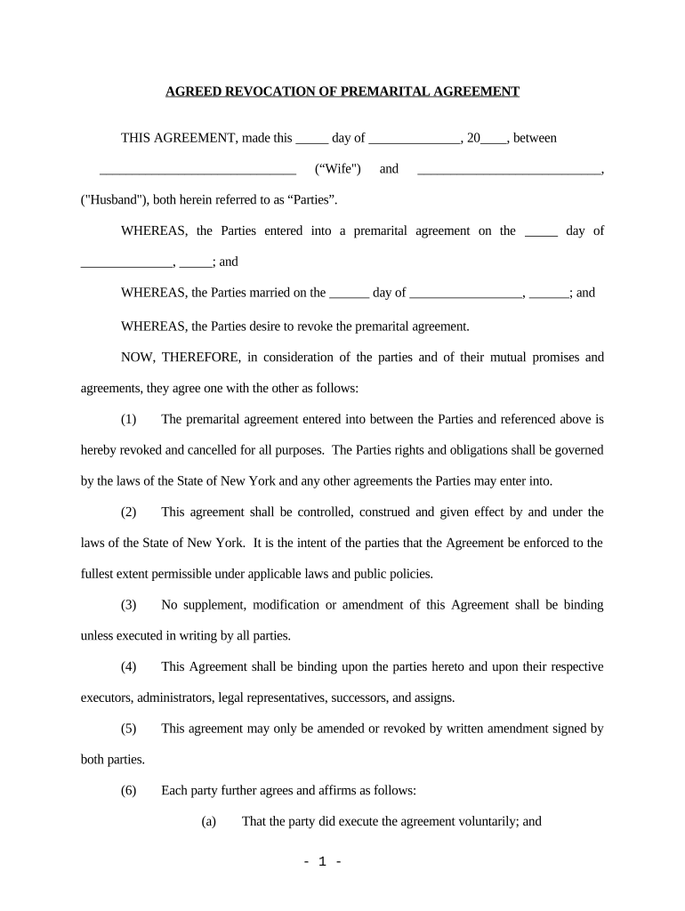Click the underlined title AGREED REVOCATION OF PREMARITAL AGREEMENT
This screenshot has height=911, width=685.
[342, 92]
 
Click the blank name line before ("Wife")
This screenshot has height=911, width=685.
[197, 171]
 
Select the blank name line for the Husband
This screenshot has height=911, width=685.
[509, 171]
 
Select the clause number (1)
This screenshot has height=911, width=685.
[129, 419]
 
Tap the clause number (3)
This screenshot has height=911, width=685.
[129, 605]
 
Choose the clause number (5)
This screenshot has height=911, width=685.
[129, 729]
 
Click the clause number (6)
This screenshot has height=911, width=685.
[129, 790]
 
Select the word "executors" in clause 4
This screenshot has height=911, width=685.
[104, 697]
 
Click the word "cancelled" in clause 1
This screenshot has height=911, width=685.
[206, 450]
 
